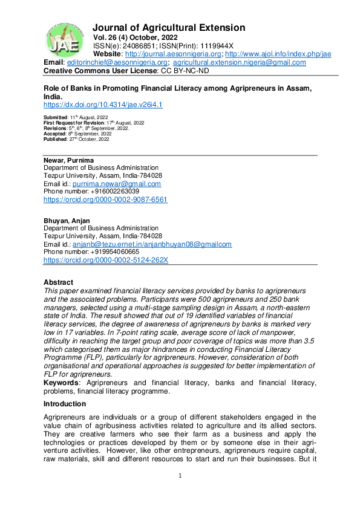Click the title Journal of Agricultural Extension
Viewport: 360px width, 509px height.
[x=169, y=28]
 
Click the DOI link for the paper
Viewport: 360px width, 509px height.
[x=103, y=105]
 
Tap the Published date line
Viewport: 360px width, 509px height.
[x=77, y=139]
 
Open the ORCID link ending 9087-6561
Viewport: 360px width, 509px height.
[x=105, y=199]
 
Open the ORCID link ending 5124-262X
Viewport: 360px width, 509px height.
[x=105, y=260]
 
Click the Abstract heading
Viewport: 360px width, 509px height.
[x=59, y=282]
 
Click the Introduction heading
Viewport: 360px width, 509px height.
[x=65, y=404]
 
